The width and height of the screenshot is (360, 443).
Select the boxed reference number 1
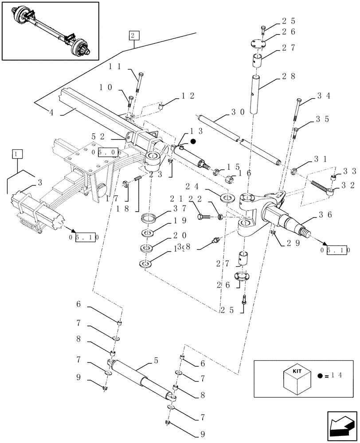(x=17, y=154)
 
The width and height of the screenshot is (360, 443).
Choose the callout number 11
(x=115, y=66)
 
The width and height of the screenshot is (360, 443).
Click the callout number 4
(x=51, y=113)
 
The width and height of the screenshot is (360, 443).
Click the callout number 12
(x=188, y=95)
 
